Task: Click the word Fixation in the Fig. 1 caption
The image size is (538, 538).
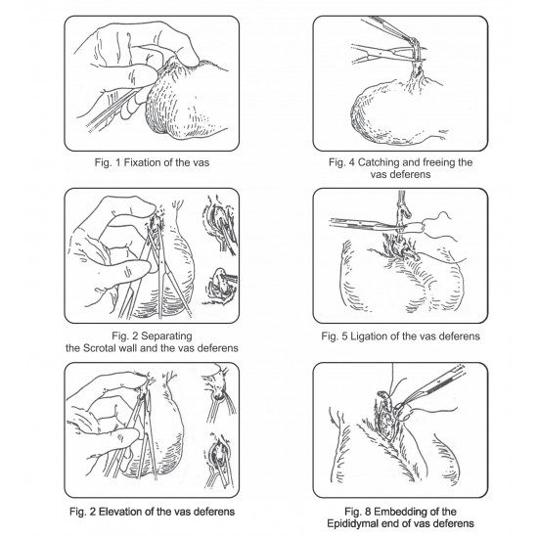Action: click(143, 162)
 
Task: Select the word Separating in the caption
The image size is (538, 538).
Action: click(166, 336)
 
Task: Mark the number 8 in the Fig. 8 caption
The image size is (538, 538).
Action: click(368, 512)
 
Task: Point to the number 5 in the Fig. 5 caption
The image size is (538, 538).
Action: click(344, 336)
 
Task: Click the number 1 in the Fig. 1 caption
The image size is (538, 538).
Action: click(117, 162)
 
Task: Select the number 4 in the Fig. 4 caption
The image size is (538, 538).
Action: click(352, 162)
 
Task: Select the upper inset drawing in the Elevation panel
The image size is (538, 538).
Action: click(219, 393)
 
